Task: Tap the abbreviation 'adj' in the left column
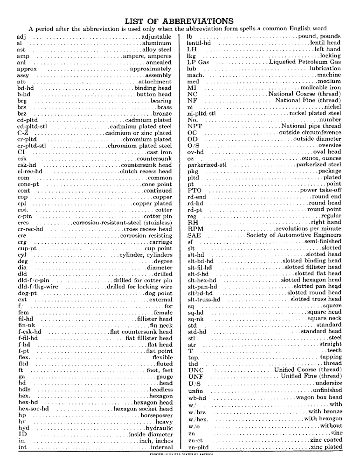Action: click(21, 36)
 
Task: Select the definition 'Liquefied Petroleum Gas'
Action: click(305, 62)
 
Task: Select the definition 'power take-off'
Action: click(320, 191)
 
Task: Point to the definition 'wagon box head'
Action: click(318, 397)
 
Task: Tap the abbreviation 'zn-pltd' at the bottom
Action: click(198, 447)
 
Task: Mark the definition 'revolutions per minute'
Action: click(308, 229)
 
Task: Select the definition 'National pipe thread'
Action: click(311, 126)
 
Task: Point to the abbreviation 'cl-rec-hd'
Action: click(29, 171)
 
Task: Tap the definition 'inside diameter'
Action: click(150, 434)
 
